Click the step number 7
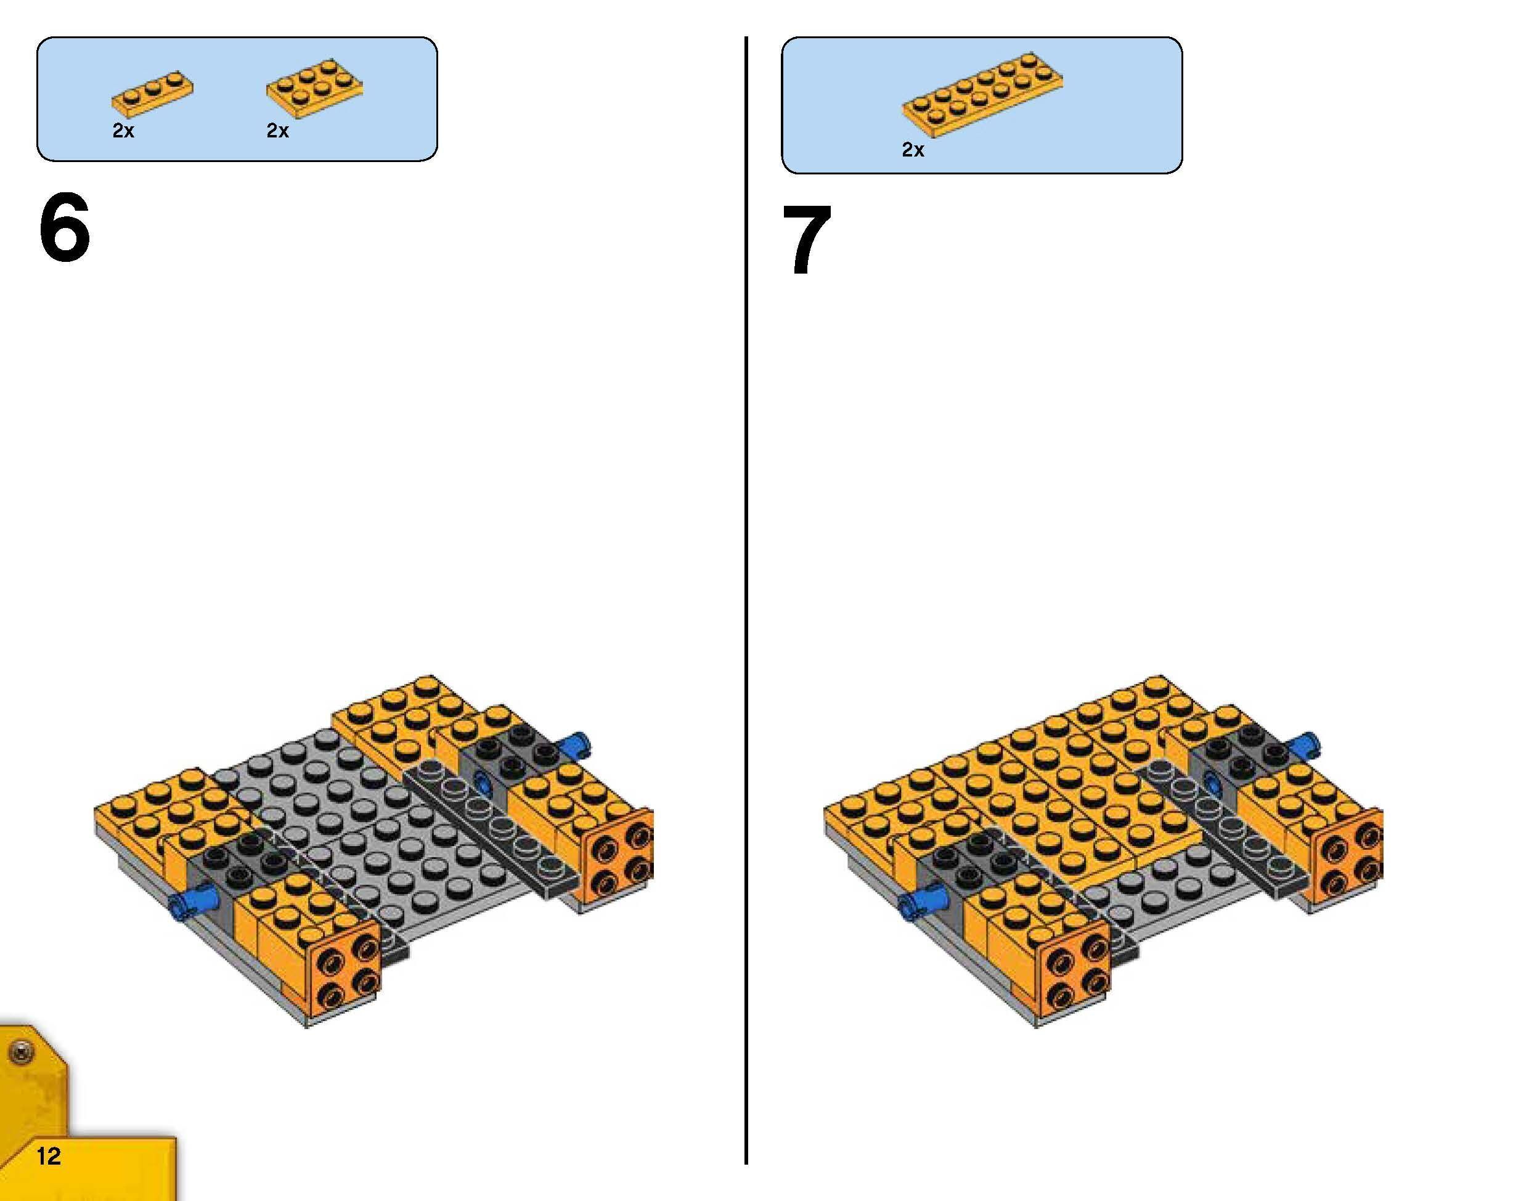click(x=807, y=240)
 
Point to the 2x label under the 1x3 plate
click(x=123, y=131)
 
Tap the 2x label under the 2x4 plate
click(x=277, y=131)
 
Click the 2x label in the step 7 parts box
click(x=913, y=150)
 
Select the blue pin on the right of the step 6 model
click(x=578, y=743)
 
